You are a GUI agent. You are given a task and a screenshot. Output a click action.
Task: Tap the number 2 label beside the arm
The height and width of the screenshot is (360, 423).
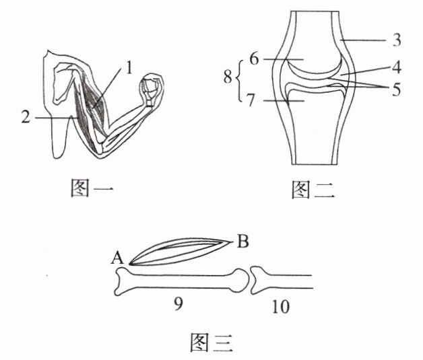(x=26, y=117)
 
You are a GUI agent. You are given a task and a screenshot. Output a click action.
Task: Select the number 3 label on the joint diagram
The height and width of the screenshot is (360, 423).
(x=397, y=40)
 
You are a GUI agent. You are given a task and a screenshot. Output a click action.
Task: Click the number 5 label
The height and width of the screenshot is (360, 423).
(x=397, y=87)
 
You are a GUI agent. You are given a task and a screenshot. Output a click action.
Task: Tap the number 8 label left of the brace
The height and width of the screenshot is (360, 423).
(x=228, y=80)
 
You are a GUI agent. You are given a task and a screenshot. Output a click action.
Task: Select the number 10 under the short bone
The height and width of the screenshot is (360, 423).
(x=281, y=307)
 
